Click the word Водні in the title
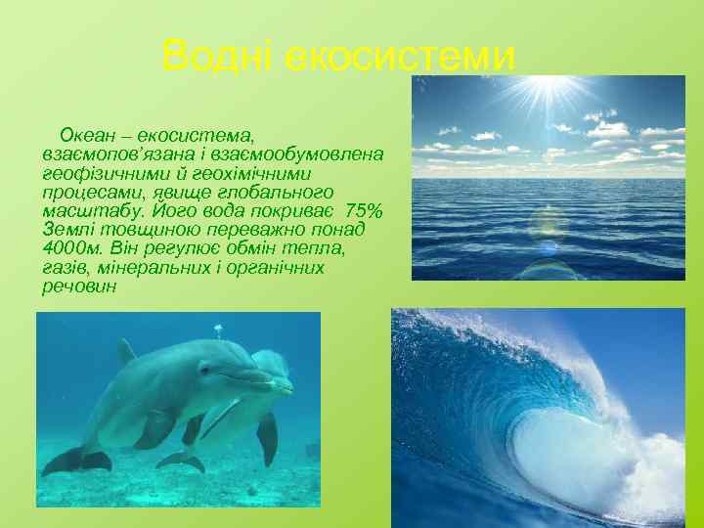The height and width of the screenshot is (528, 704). (x=218, y=56)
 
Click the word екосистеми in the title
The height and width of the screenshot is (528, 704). (x=399, y=56)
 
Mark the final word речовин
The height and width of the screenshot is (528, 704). (x=79, y=287)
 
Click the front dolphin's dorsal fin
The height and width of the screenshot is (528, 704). (x=125, y=351)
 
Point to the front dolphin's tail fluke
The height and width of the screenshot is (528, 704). (x=70, y=460)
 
